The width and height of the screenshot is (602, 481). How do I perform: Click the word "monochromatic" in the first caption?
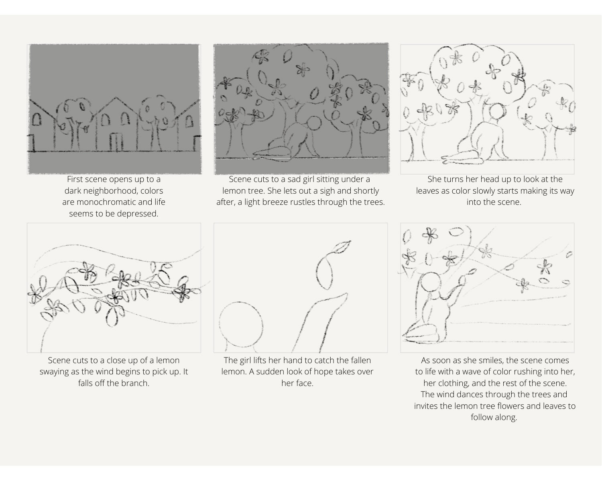point(113,202)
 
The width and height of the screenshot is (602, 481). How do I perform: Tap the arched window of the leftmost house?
point(37,119)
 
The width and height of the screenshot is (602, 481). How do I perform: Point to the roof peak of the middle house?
point(116,98)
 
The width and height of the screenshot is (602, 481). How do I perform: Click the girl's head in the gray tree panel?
point(313,123)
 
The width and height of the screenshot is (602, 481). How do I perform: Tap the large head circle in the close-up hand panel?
point(241,325)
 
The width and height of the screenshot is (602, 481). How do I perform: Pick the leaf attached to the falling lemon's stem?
point(341,247)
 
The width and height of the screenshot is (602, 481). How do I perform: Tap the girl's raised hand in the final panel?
point(462,280)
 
